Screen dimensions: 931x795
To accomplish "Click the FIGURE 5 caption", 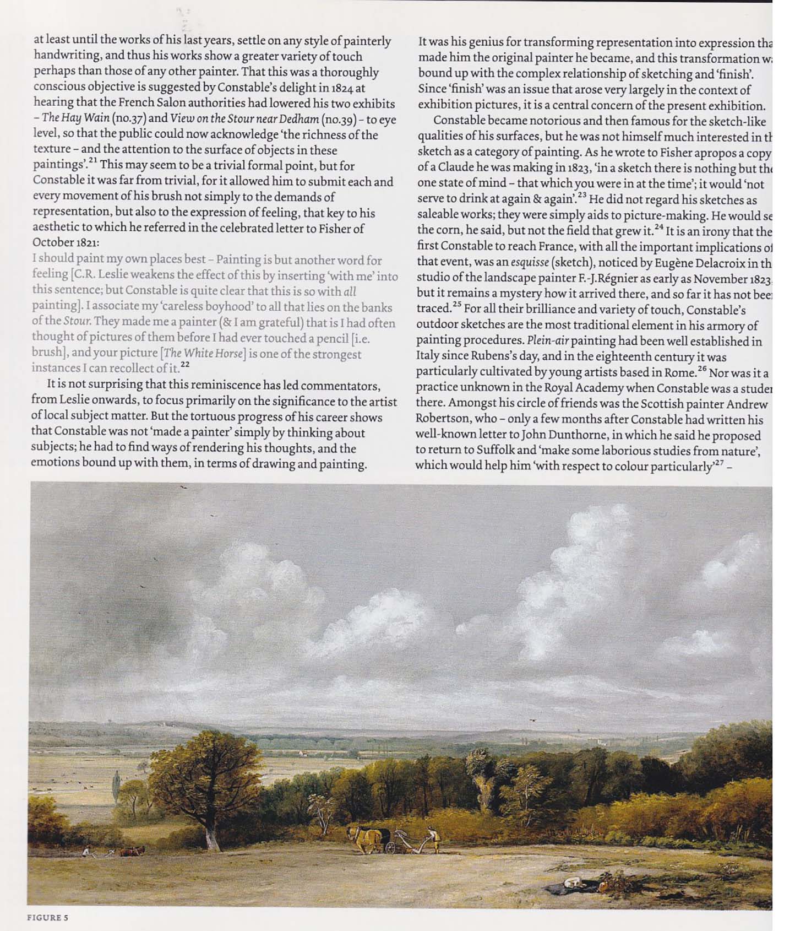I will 48,917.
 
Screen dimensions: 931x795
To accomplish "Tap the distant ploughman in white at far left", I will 85,852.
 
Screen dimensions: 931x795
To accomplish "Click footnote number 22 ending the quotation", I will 185,364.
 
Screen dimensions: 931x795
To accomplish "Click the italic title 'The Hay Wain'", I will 75,119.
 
